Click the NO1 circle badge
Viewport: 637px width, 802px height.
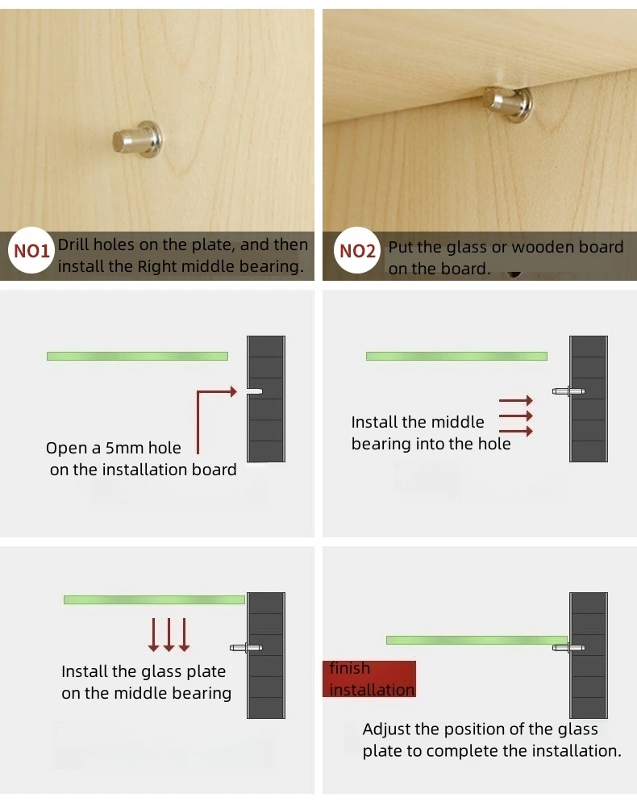pos(31,250)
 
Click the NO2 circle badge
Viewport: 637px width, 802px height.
pos(357,250)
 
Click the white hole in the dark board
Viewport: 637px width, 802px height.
pos(255,391)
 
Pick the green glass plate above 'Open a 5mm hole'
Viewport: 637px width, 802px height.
pos(138,356)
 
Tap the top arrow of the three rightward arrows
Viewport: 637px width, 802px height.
pos(516,400)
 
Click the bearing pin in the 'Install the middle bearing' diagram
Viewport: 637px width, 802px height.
pos(568,392)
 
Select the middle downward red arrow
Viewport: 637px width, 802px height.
pos(169,635)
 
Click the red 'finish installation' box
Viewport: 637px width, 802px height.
pos(369,679)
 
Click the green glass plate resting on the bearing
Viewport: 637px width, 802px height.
pos(477,641)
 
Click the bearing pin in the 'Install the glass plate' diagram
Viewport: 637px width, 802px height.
pos(246,648)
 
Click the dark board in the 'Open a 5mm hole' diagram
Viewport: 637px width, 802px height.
pos(266,399)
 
